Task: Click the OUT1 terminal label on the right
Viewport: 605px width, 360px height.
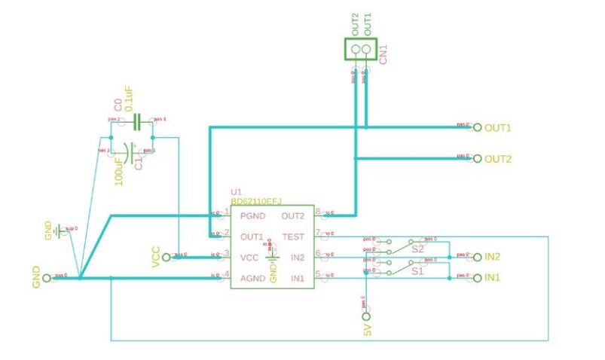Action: tap(498, 127)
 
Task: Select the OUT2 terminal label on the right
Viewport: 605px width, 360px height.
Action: tap(498, 159)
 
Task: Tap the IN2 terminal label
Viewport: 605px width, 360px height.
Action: tap(493, 257)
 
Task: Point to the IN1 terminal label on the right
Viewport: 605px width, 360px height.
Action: tap(493, 278)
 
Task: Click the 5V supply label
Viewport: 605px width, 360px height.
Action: tap(367, 329)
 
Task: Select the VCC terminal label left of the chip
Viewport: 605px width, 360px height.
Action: tap(156, 257)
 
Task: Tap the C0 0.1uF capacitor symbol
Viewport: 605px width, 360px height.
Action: tap(137, 121)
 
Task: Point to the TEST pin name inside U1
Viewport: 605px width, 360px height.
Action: tap(293, 236)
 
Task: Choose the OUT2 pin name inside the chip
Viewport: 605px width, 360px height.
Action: tap(292, 216)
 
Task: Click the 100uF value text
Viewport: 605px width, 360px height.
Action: tap(119, 170)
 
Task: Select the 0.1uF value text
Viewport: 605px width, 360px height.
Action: tap(129, 99)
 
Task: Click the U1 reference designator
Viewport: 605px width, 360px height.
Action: tap(236, 192)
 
